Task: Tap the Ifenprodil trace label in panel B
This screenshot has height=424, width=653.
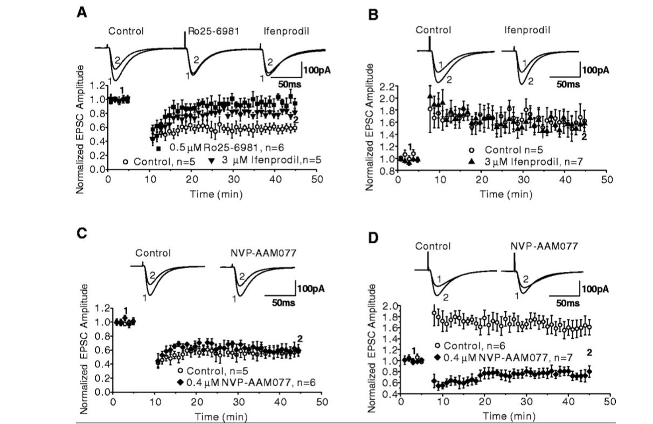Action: [x=523, y=30]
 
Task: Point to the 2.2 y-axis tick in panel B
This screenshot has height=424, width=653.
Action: [x=387, y=86]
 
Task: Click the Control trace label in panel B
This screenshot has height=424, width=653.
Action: [x=433, y=30]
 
